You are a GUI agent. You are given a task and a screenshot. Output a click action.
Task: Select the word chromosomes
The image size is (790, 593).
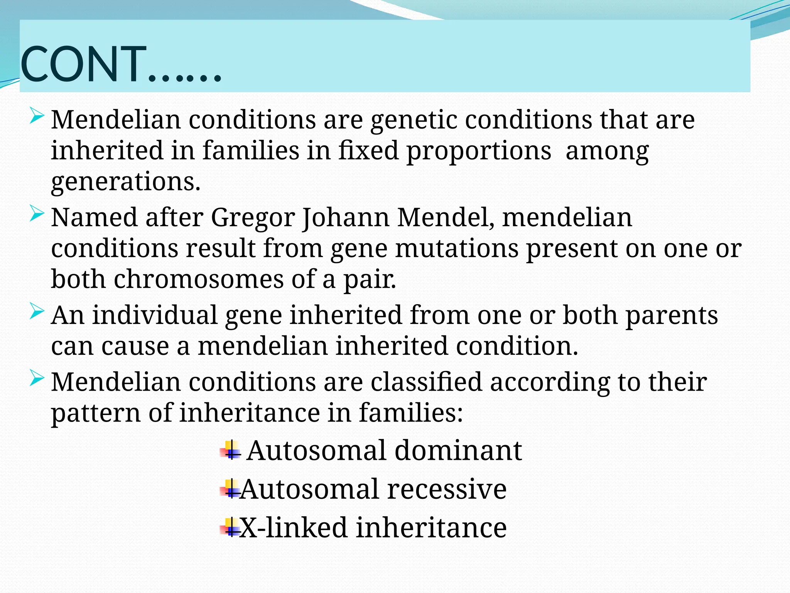coord(198,279)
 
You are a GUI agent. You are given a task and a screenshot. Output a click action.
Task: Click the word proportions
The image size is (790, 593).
coord(479,151)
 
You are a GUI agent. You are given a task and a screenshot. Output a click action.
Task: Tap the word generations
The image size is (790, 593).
coord(126,182)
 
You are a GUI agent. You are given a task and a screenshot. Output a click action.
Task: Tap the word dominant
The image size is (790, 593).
coord(458,451)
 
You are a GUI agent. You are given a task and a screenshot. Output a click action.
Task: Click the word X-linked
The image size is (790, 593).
coord(293,528)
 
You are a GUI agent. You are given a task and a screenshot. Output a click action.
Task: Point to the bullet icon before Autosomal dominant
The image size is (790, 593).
coord(230,451)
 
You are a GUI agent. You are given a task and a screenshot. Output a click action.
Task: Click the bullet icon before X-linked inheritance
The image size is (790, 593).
coord(230,528)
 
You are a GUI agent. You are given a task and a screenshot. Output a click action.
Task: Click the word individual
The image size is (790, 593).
coord(155,315)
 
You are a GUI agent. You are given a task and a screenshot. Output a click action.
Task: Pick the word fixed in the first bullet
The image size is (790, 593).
coord(368,151)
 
